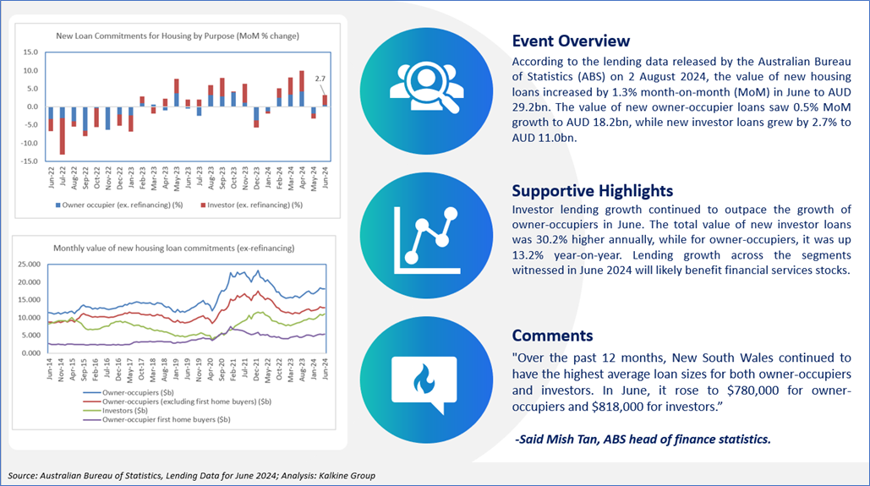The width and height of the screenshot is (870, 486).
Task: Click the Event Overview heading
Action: tap(571, 41)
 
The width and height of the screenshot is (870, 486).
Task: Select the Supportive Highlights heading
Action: tap(593, 191)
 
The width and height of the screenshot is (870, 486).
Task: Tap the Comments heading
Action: tap(553, 336)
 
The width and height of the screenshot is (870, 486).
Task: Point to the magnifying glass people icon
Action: tap(426, 87)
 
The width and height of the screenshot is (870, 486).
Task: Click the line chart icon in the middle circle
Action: tap(427, 241)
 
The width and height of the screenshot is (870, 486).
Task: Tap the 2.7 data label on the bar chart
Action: tap(320, 79)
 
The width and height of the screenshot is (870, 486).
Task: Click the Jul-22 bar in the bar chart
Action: tap(63, 130)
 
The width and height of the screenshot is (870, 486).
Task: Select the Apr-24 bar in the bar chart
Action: tap(302, 89)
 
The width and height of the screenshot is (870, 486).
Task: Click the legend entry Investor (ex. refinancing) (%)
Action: tap(251, 205)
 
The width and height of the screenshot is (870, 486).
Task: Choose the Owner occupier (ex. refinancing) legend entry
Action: tap(119, 205)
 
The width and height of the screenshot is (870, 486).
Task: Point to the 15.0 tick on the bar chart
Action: tap(30, 52)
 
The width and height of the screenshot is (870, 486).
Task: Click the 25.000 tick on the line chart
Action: tap(30, 264)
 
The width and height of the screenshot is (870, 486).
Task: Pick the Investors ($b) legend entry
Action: tap(116, 411)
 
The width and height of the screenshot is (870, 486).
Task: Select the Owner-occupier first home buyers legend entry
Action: tap(157, 420)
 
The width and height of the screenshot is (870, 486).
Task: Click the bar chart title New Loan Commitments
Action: tap(178, 36)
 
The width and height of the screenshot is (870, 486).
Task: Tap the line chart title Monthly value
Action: tap(173, 248)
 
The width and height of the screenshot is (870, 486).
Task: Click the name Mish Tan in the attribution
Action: tap(571, 440)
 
